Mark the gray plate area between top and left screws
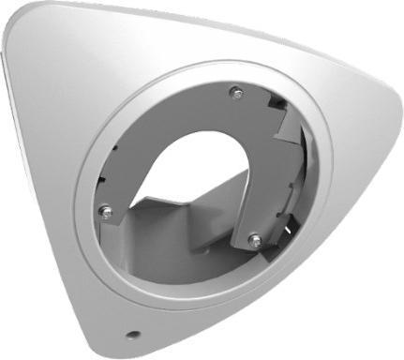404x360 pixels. pos(150,131)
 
